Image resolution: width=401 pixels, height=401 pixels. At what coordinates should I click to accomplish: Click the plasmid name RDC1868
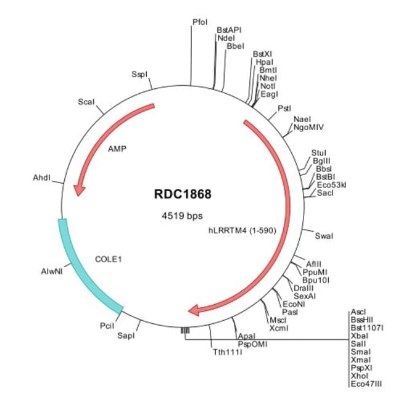tap(182, 194)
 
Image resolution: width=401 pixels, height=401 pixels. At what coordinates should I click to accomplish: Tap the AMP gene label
tap(117, 149)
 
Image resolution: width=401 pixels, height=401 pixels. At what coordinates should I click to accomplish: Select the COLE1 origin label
tap(109, 260)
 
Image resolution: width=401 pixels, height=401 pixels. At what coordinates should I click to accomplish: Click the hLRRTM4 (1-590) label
tap(238, 233)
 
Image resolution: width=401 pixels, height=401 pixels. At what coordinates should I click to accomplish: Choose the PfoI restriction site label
tap(200, 22)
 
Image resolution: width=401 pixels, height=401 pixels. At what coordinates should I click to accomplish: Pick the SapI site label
tap(125, 336)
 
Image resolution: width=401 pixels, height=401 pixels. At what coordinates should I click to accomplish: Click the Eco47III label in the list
tap(366, 384)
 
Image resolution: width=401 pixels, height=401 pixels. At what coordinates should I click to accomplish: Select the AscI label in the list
tap(358, 312)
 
